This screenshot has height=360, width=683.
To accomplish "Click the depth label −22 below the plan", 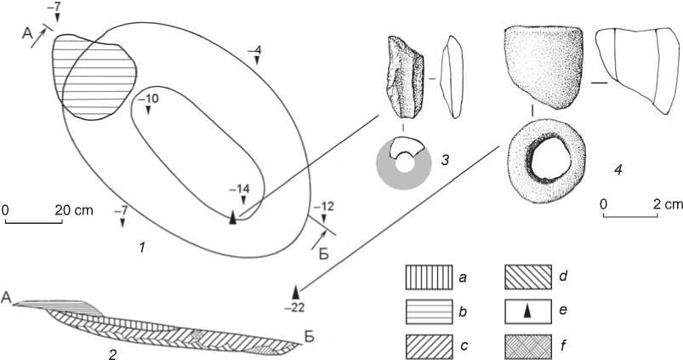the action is [x=296, y=306].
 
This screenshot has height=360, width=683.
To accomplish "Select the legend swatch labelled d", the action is [x=531, y=277].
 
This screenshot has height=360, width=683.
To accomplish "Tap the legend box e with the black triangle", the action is [x=531, y=312].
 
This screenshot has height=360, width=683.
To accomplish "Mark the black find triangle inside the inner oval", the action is [x=233, y=218].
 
